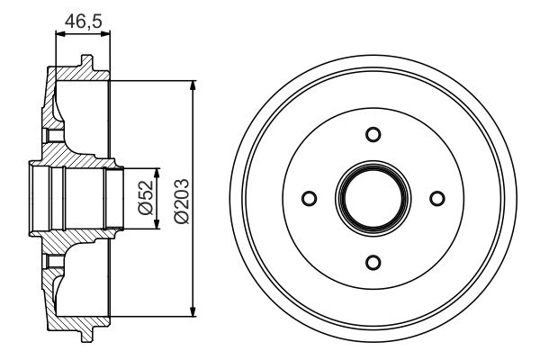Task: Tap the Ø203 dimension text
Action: (179, 198)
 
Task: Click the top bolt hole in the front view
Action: (373, 134)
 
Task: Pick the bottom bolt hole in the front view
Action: (373, 262)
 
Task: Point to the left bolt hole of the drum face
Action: (309, 198)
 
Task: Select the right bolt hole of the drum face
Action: (436, 198)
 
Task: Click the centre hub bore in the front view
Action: (373, 198)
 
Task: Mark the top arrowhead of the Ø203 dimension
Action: (193, 85)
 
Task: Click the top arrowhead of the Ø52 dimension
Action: (158, 173)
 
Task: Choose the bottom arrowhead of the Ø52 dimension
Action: (158, 224)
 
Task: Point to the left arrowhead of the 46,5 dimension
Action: (60, 34)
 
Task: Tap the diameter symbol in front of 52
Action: (143, 212)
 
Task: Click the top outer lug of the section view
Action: (85, 63)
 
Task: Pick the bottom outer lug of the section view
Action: (85, 334)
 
